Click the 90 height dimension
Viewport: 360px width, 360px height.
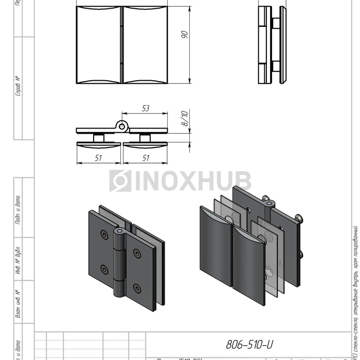point(185,34)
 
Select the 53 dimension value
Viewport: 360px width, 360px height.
point(145,109)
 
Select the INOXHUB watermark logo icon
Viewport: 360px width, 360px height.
point(120,181)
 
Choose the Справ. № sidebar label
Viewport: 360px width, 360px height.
point(19,87)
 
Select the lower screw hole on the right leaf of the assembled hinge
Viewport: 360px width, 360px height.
point(137,288)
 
